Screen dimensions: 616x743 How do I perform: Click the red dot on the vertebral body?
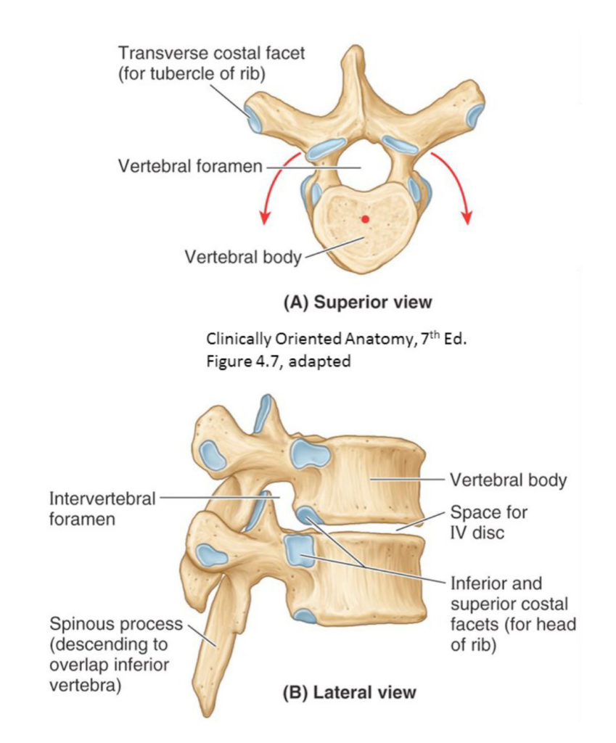tap(364, 219)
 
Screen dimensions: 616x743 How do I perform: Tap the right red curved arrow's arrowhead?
tap(467, 218)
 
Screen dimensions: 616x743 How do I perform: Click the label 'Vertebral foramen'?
tap(189, 166)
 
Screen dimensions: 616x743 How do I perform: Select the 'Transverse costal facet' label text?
tap(211, 52)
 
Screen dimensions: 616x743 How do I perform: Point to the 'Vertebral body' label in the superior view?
tap(242, 257)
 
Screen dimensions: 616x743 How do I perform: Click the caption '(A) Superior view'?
tap(358, 303)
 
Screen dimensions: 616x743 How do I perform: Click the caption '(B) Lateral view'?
tap(349, 692)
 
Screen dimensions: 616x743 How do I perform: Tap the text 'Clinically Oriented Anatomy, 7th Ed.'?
tap(337, 339)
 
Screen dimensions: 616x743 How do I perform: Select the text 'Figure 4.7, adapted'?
tap(278, 361)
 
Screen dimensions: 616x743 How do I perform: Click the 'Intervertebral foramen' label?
tap(102, 509)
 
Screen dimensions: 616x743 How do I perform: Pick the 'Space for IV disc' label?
tap(488, 522)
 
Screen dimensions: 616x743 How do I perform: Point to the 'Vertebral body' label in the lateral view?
tap(508, 480)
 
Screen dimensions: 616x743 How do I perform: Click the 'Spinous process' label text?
tap(115, 624)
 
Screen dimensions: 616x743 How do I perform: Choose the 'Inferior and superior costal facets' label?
tap(513, 614)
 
